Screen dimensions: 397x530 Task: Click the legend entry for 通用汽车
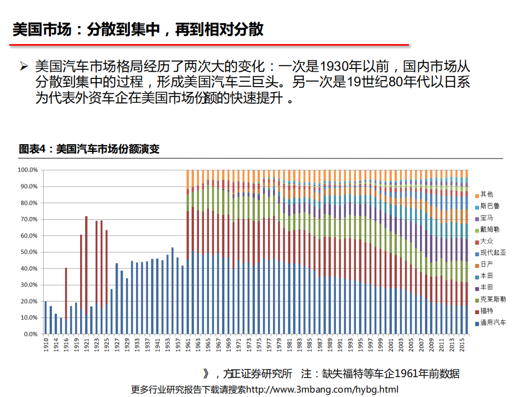492,322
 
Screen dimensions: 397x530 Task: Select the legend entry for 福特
486,311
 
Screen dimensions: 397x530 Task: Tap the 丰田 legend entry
486,287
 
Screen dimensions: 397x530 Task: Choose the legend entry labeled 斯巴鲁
489,206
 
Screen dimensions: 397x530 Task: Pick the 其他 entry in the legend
486,194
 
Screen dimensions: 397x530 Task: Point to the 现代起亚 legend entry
492,252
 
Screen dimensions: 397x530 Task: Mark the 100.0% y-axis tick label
27,170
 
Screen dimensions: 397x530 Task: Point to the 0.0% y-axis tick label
29,334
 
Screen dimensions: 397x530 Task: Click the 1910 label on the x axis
46,343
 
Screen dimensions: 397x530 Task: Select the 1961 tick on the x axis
188,343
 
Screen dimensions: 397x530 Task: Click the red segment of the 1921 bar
86,265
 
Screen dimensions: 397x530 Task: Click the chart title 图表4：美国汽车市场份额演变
89,149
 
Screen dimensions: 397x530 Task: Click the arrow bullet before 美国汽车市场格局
23,67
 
